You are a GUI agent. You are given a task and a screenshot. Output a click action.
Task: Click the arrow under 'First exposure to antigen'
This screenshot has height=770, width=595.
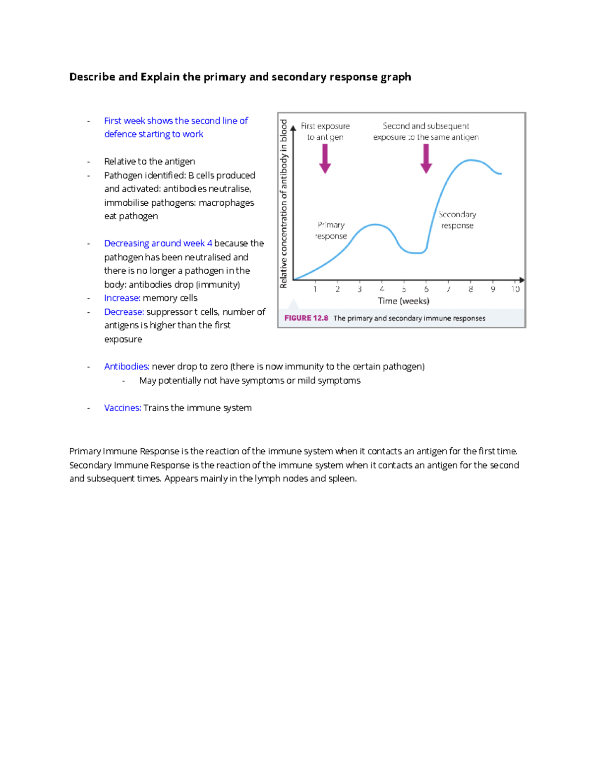point(325,159)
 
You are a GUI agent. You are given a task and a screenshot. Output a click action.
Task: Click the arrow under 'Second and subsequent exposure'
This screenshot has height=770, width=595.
point(426,159)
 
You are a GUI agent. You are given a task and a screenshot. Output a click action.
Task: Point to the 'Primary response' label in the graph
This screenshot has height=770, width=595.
point(331,231)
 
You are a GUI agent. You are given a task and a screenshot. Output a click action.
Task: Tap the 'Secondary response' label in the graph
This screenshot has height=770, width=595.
point(457,220)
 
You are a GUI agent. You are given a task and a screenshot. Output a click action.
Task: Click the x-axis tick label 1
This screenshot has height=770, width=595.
point(315,289)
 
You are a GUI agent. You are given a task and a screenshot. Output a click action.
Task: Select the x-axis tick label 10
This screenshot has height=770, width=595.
point(515,289)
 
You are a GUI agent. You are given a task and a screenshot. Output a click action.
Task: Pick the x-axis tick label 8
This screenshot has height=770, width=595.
point(471,289)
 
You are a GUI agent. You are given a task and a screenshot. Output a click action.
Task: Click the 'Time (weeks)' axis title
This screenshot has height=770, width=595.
point(404,301)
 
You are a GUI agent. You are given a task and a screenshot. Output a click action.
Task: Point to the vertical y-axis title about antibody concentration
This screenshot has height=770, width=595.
point(284,203)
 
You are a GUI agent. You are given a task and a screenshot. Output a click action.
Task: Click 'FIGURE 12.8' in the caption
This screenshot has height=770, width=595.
point(306,318)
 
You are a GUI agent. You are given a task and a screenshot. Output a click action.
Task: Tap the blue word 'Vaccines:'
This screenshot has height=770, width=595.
point(122,408)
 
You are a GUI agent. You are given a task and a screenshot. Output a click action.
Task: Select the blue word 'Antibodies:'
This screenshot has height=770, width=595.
point(126,366)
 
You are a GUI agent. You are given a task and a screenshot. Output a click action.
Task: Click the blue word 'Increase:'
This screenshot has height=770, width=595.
point(122,298)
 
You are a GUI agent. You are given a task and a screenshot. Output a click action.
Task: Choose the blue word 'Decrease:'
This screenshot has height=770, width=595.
point(124,312)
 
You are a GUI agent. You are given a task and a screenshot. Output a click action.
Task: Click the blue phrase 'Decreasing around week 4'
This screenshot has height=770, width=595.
point(158,243)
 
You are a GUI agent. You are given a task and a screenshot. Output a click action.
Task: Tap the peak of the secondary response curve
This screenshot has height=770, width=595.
point(471,160)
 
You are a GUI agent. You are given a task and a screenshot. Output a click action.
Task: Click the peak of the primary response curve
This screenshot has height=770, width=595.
point(375,225)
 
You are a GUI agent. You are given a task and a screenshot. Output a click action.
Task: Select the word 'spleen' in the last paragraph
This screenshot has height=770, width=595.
point(342,479)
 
